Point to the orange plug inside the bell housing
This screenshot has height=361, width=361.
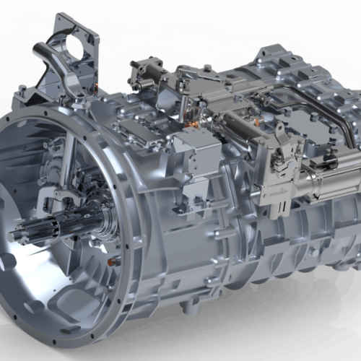[112, 261]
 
